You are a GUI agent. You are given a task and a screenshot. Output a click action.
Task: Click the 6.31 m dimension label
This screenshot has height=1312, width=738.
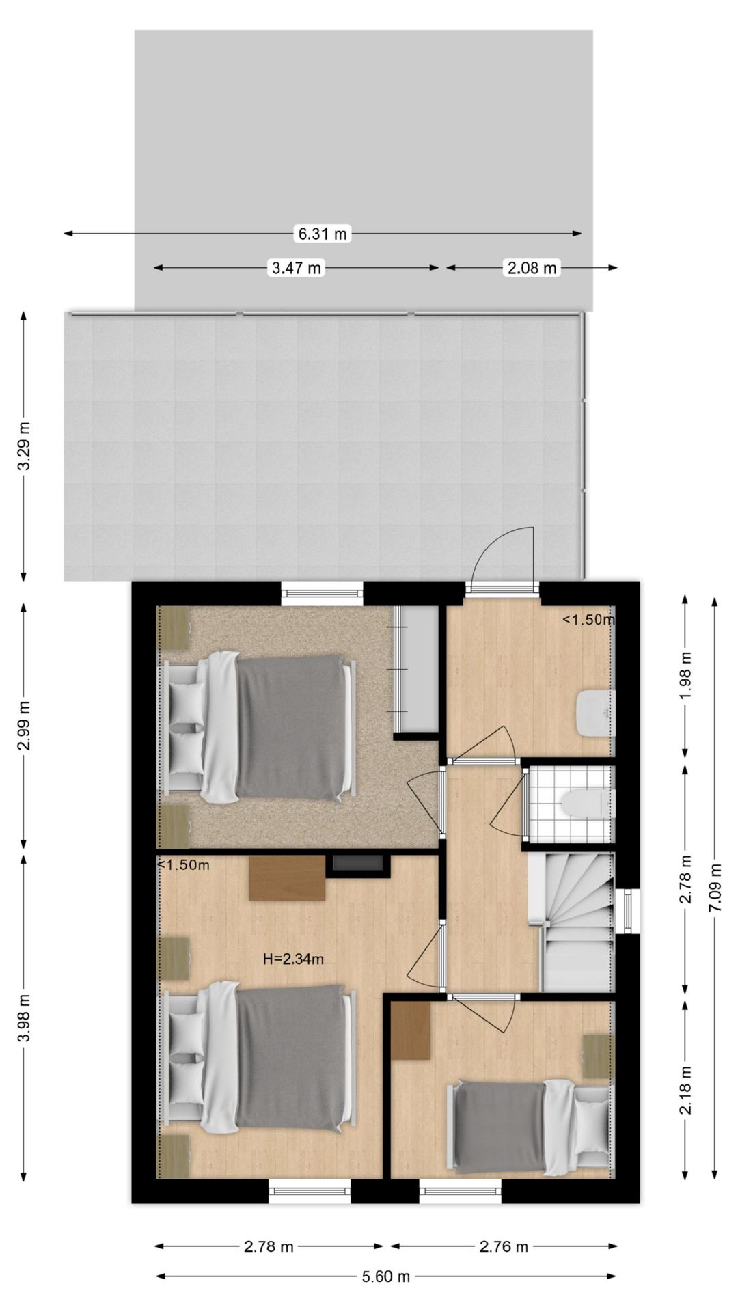pos(323,234)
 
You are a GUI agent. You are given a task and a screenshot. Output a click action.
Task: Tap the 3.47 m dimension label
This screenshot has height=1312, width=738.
pos(296,268)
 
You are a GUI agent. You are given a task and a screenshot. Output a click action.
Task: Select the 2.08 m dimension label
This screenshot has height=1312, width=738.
pos(531,268)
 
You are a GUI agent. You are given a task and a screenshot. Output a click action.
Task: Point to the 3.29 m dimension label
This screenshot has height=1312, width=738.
pos(25,446)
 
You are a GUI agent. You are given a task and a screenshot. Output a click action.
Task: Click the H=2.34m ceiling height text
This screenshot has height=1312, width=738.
pos(293,959)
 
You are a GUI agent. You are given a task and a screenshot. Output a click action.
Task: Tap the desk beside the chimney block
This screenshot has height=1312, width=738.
pos(287,878)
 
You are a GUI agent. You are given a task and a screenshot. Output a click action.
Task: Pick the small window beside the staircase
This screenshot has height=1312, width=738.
pos(628,912)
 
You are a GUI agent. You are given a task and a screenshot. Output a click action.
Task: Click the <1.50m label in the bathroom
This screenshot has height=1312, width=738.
pos(588,620)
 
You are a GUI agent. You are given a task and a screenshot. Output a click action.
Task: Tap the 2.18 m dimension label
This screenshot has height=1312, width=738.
pos(686,1090)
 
